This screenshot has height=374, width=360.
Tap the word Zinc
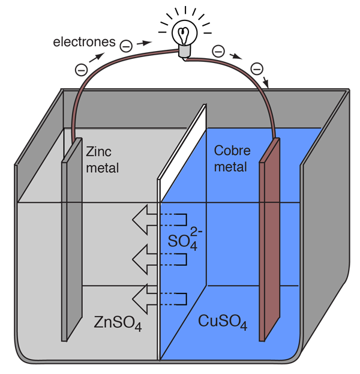[x=98, y=151]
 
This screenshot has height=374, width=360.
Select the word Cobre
[x=232, y=151]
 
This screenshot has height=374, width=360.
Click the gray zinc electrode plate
[x=71, y=240]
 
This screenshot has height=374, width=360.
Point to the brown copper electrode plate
[x=269, y=240]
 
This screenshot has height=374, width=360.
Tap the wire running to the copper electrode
[x=252, y=84]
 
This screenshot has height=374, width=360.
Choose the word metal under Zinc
[x=103, y=167]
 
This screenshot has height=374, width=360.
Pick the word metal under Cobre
[x=230, y=167]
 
